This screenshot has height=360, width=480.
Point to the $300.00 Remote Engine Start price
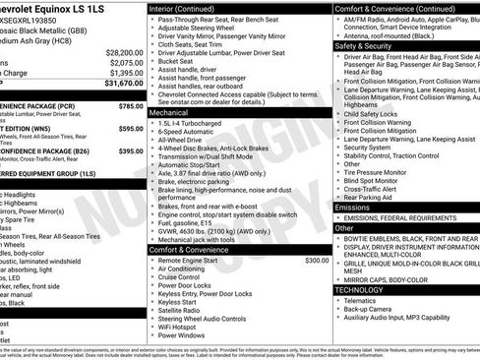pos(317,261)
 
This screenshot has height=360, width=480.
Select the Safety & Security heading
pos(369,45)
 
